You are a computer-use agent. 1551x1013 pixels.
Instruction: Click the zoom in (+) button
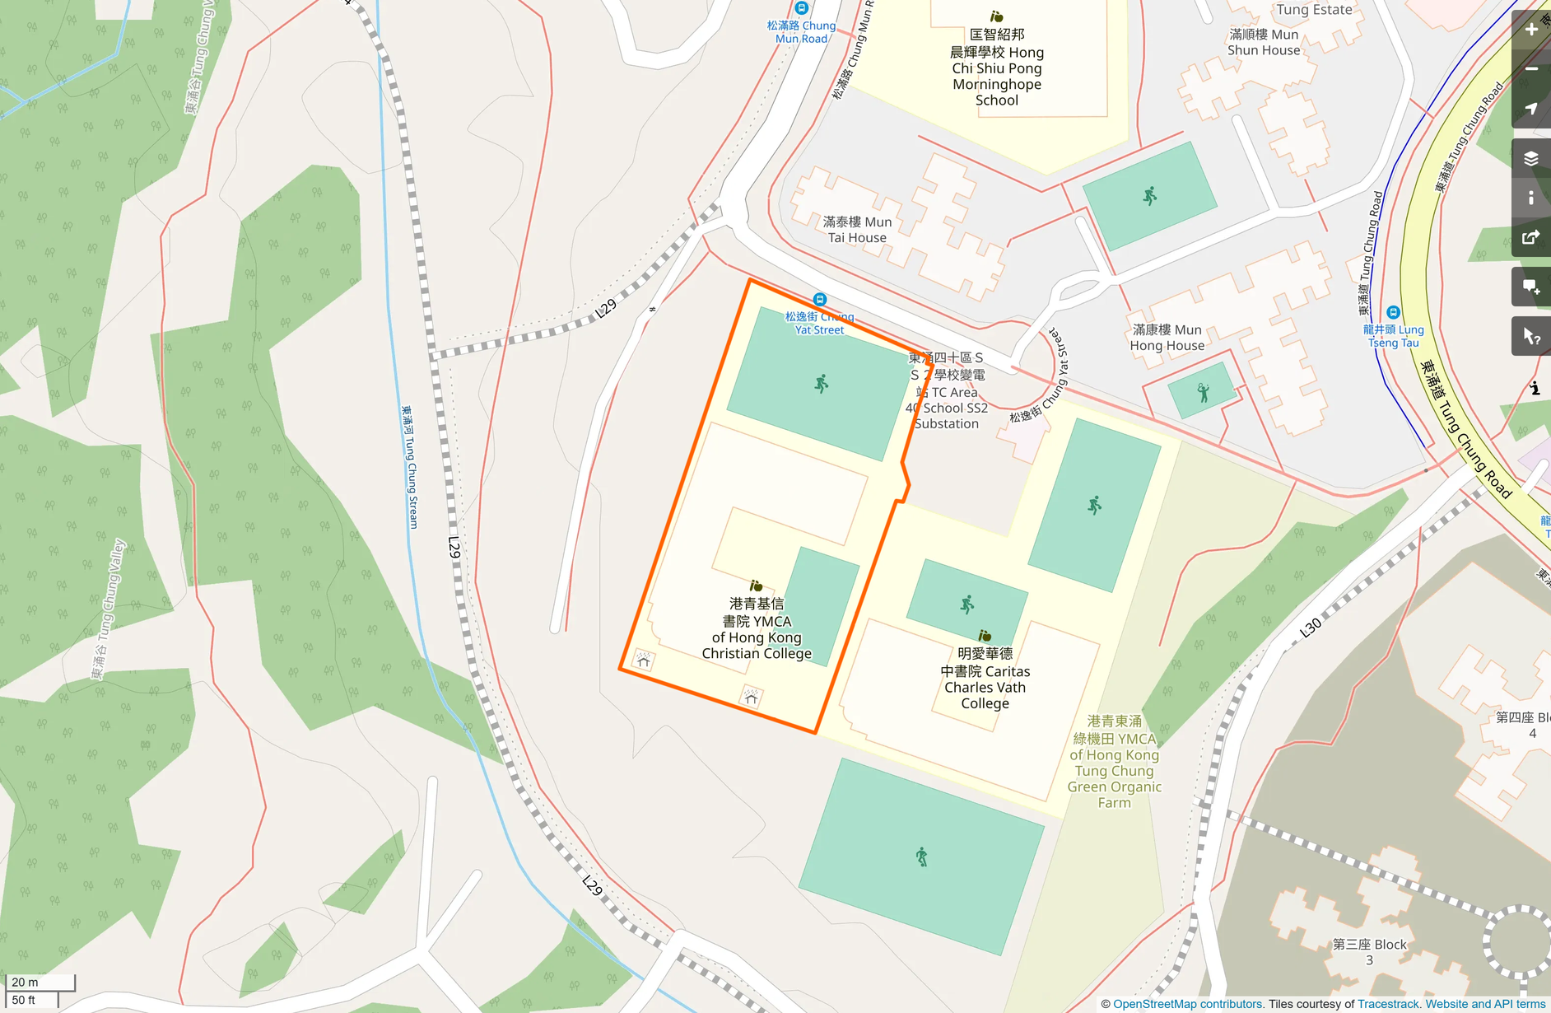[1531, 30]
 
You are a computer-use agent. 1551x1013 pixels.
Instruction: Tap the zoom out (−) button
[1531, 69]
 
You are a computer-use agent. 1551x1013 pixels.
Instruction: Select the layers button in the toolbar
[1531, 159]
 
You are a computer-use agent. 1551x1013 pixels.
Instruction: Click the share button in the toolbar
[1531, 238]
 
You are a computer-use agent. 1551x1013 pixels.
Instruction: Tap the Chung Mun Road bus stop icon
[801, 8]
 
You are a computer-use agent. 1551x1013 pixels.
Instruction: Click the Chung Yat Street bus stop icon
[819, 300]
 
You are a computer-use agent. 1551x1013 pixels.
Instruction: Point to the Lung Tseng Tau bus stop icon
[1393, 313]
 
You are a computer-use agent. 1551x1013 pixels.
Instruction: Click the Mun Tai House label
[857, 230]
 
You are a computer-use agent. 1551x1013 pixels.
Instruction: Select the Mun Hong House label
[1167, 338]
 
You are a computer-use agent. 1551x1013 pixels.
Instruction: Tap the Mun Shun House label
[1264, 42]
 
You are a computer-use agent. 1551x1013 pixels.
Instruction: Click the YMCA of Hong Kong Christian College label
[757, 628]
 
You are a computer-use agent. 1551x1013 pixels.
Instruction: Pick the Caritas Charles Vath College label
[985, 679]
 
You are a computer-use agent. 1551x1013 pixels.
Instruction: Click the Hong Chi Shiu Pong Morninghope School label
[997, 68]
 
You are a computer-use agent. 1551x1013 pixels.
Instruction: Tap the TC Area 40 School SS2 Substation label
[947, 391]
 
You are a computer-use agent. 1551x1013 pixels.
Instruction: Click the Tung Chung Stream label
[410, 466]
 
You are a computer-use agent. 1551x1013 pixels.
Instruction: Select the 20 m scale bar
[40, 983]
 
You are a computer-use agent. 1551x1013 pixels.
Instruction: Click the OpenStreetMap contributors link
[1187, 1004]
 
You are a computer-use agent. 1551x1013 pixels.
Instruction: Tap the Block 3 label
[1369, 952]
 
